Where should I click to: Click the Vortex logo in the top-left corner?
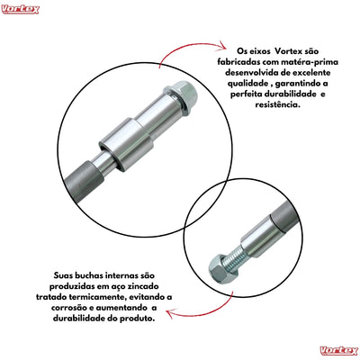21,8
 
